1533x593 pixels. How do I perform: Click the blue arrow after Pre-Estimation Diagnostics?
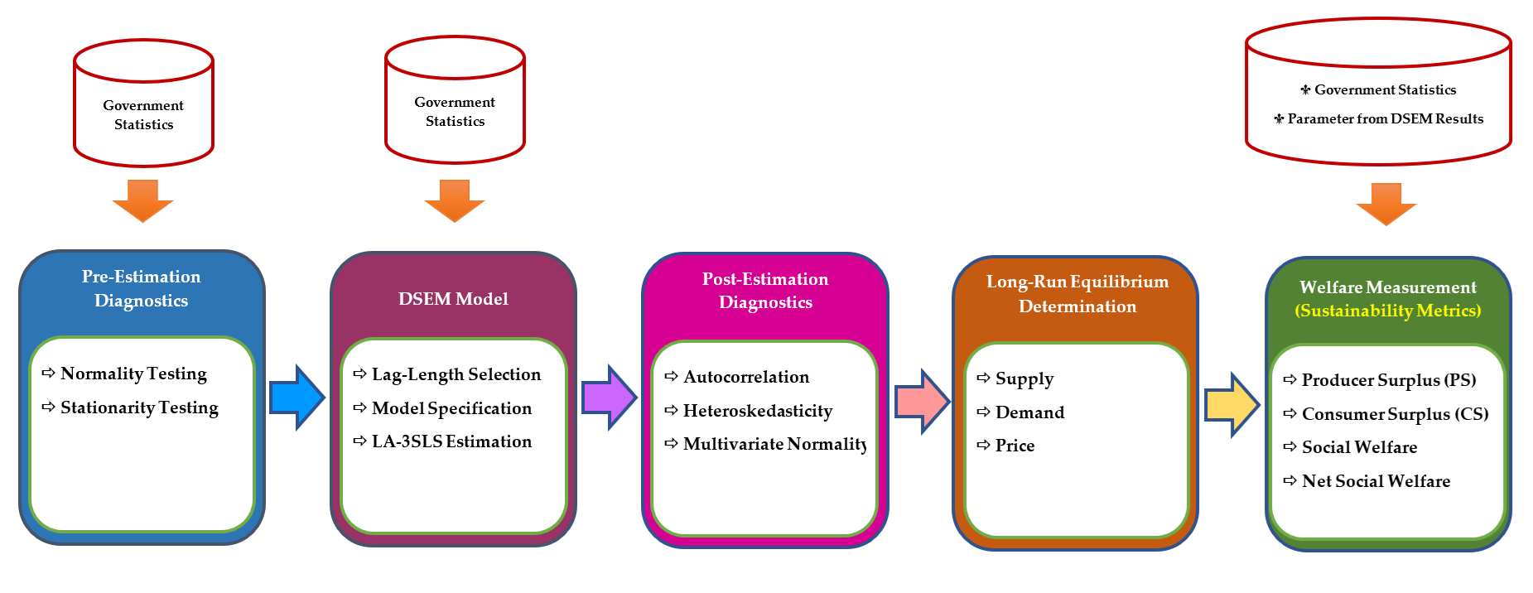click(x=296, y=398)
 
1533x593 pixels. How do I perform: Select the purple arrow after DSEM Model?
click(x=609, y=398)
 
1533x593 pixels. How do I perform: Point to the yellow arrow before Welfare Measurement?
click(x=1232, y=405)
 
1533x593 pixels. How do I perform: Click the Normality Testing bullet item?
click(x=133, y=374)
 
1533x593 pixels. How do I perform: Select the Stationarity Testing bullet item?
click(x=139, y=407)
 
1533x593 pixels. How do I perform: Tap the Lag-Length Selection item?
click(x=456, y=374)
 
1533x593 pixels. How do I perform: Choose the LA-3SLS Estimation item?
click(x=451, y=441)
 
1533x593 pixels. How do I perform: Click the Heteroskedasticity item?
click(x=757, y=411)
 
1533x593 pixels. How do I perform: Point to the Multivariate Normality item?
click(x=774, y=444)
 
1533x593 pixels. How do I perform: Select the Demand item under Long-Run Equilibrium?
click(x=1029, y=412)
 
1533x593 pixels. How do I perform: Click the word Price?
click(x=1015, y=446)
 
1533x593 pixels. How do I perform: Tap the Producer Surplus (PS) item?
click(x=1388, y=380)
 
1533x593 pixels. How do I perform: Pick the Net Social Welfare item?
click(x=1376, y=481)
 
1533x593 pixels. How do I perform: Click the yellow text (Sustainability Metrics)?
click(x=1388, y=311)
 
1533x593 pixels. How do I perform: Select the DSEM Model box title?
click(x=453, y=299)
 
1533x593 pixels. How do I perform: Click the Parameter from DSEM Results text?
click(x=1385, y=118)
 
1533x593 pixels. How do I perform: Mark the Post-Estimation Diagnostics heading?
click(x=765, y=291)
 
